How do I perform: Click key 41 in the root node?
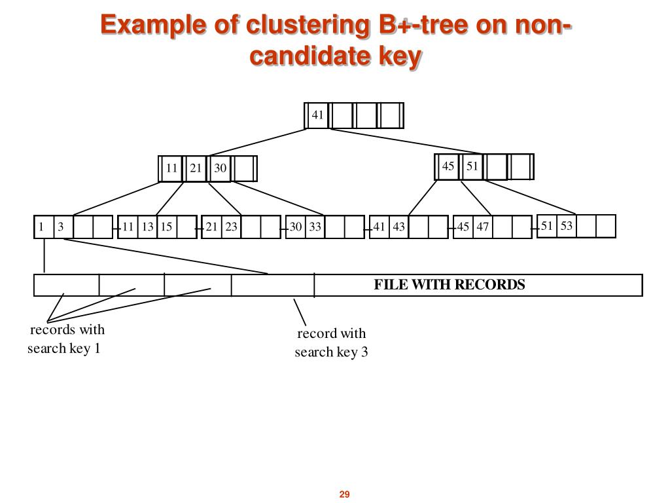(317, 115)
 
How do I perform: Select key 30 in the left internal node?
(220, 168)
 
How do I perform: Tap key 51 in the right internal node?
(472, 166)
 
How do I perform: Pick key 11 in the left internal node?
(171, 168)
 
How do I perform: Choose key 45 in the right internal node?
(448, 166)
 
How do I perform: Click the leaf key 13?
(147, 227)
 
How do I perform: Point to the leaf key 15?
(166, 227)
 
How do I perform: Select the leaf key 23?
(232, 227)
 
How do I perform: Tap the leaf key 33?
(315, 227)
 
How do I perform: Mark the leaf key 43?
(399, 227)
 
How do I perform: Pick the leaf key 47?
(483, 227)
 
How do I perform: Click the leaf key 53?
(567, 226)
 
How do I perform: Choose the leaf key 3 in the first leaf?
(60, 227)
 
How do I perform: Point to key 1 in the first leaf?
(41, 227)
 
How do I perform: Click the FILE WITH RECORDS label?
(450, 285)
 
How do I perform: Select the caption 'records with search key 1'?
(65, 339)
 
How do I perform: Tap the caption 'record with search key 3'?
(331, 343)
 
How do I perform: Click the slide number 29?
(345, 494)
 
